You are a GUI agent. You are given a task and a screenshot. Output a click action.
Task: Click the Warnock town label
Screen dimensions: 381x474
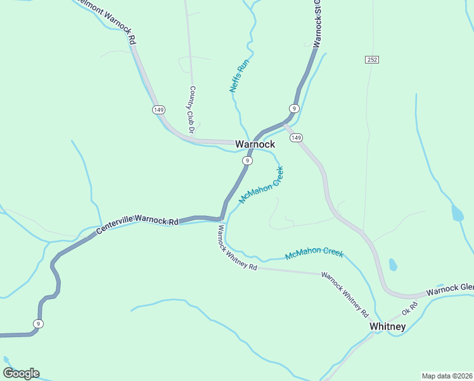coord(255,144)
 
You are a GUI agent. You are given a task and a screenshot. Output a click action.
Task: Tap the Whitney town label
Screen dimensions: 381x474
coord(387,326)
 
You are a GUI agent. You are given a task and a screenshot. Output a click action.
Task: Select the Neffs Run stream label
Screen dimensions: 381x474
coord(240,76)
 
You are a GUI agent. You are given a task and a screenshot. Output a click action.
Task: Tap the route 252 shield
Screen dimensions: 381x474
coord(372,60)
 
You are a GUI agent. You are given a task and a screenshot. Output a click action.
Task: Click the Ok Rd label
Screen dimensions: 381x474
coord(410,310)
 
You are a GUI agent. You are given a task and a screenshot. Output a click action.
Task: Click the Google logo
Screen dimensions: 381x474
coord(21,373)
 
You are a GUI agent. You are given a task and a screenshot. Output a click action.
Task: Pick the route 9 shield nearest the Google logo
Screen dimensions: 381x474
coord(39,324)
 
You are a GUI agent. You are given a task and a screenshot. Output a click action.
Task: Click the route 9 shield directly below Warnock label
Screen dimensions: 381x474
coord(247,161)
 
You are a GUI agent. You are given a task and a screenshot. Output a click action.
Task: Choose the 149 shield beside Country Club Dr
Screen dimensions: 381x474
coord(158,110)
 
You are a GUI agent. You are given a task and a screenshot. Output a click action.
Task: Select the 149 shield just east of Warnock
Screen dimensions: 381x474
coord(297,138)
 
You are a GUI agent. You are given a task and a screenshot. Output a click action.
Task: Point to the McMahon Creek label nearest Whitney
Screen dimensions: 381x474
coord(314,253)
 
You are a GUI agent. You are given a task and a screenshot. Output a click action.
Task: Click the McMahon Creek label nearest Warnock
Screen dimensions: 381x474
coord(261,184)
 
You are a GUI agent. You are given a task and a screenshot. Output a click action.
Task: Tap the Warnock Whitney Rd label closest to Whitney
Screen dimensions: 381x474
coord(345,295)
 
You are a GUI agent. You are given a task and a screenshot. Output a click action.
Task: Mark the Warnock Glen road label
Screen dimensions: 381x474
coord(450,290)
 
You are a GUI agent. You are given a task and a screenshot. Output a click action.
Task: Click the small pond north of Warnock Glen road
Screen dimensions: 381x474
coord(393,264)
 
